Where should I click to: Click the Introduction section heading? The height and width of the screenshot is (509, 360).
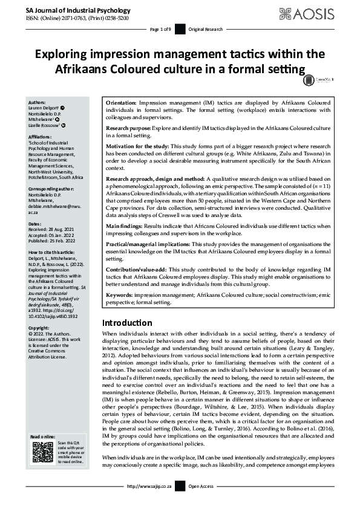tap(135, 322)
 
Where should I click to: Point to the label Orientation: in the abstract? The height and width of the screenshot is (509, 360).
tap(121, 104)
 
